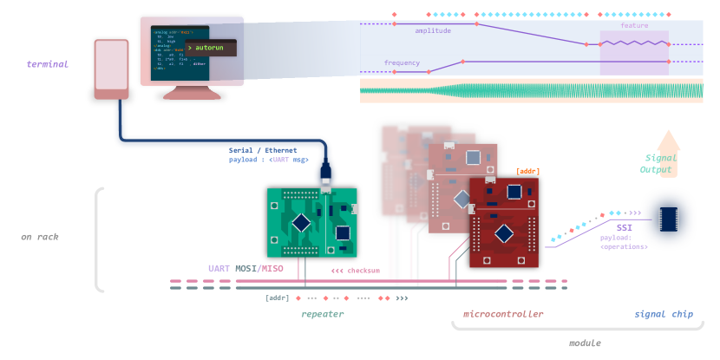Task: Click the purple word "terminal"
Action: pyautogui.click(x=47, y=64)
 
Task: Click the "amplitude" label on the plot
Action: pyautogui.click(x=432, y=30)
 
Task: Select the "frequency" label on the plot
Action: pyautogui.click(x=402, y=62)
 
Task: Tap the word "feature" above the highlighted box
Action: pyautogui.click(x=633, y=25)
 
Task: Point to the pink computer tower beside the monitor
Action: pyautogui.click(x=111, y=69)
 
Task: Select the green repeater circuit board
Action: pyautogui.click(x=311, y=222)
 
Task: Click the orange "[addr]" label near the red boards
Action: pyautogui.click(x=527, y=171)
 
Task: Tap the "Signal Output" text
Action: pyautogui.click(x=661, y=164)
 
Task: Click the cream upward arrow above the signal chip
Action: pyautogui.click(x=668, y=142)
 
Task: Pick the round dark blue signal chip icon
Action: pyautogui.click(x=668, y=219)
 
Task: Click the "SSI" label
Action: pyautogui.click(x=624, y=226)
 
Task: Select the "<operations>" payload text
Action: pyautogui.click(x=624, y=246)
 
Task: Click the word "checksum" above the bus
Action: pyautogui.click(x=362, y=271)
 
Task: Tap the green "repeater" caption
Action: pyautogui.click(x=322, y=314)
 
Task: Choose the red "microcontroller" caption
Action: pyautogui.click(x=503, y=314)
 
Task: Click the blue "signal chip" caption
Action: pyautogui.click(x=664, y=314)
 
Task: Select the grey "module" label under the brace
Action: pyautogui.click(x=584, y=344)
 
